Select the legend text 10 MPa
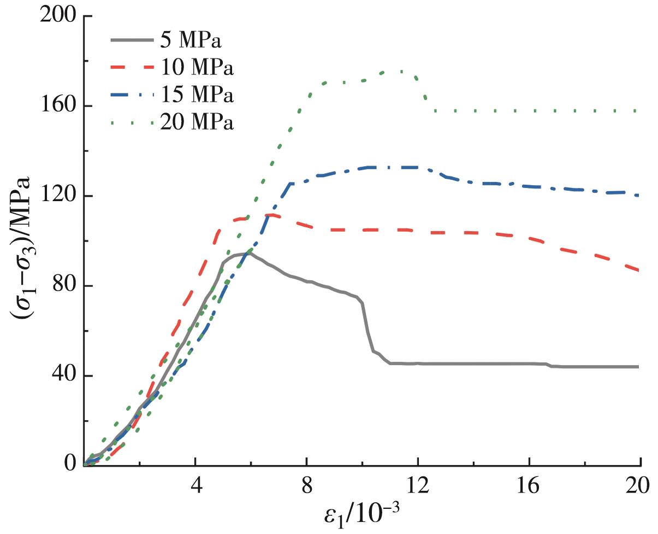pyautogui.click(x=197, y=68)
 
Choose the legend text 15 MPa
pyautogui.click(x=197, y=96)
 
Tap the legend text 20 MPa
pyautogui.click(x=197, y=124)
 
